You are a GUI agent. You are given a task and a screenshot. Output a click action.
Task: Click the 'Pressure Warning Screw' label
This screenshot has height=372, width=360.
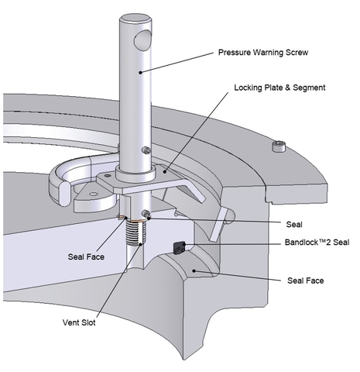[263, 53]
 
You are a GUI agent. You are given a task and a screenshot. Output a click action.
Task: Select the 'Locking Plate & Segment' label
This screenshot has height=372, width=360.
[279, 88]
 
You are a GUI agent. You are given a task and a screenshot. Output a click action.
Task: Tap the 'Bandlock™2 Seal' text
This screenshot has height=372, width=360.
[317, 243]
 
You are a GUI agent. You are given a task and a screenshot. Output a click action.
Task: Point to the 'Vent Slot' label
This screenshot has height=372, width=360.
[79, 322]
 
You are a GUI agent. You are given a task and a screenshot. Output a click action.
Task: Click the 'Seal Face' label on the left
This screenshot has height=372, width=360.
[86, 257]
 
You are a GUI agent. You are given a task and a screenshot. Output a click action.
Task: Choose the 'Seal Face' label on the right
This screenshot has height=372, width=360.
[306, 281]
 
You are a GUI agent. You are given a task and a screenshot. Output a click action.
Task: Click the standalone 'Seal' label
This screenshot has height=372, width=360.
[294, 224]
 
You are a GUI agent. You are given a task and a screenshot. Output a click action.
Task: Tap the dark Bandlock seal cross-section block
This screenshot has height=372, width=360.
[179, 248]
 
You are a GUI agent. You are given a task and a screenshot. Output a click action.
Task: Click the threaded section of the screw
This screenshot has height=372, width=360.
[135, 233]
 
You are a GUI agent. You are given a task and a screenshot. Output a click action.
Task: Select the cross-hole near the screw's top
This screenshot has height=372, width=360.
[142, 40]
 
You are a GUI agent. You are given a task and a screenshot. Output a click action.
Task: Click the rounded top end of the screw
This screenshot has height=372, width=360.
[135, 19]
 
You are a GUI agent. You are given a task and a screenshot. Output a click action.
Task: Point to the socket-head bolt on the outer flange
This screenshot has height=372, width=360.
[279, 146]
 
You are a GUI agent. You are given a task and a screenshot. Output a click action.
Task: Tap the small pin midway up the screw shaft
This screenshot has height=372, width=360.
[146, 150]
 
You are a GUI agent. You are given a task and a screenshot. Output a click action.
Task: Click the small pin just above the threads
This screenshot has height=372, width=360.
[146, 213]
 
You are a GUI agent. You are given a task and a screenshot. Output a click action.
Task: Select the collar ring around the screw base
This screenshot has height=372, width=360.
[135, 174]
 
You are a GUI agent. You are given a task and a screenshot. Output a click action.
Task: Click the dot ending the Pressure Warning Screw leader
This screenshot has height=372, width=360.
[140, 73]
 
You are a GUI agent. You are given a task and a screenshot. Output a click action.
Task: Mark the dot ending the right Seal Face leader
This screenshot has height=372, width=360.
[194, 270]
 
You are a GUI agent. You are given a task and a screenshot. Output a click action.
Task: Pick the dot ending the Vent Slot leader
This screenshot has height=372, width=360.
[140, 244]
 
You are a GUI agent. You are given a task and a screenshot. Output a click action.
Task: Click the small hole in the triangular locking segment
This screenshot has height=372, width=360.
[94, 194]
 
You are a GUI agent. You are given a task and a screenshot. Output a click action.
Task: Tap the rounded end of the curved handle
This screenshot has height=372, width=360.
[64, 194]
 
